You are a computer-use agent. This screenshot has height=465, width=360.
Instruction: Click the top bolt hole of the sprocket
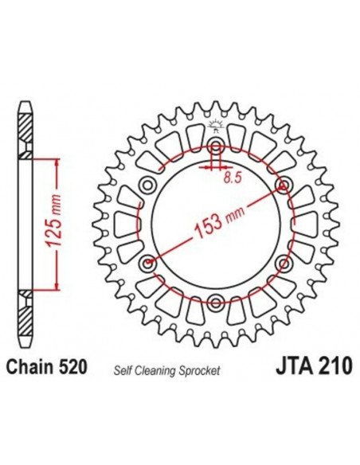[x=216, y=147]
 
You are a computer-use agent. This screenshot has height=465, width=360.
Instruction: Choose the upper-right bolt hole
[x=284, y=186]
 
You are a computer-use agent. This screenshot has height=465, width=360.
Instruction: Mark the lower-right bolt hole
[x=284, y=263]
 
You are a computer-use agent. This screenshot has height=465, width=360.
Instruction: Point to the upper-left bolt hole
[x=148, y=186]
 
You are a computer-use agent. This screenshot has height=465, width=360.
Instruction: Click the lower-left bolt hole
[x=148, y=263]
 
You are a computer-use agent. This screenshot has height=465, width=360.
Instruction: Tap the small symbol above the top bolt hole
[x=216, y=125]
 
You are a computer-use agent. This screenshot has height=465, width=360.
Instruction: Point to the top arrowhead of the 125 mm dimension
[x=56, y=160]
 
